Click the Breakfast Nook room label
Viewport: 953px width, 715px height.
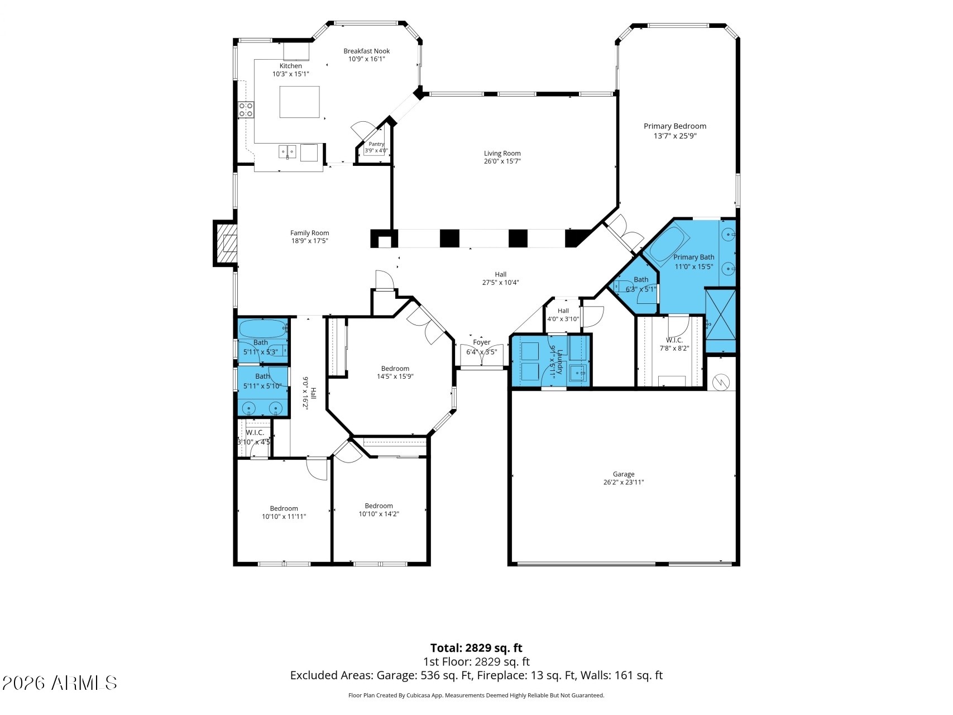pyautogui.click(x=366, y=51)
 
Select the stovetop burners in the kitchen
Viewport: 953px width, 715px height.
pyautogui.click(x=246, y=109)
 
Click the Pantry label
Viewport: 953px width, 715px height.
pyautogui.click(x=376, y=144)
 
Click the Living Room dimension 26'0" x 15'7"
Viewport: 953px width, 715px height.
pyautogui.click(x=502, y=161)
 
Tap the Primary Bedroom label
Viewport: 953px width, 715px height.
pyautogui.click(x=675, y=126)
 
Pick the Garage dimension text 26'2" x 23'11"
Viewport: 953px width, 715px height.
pyautogui.click(x=624, y=483)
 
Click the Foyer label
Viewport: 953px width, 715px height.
pyautogui.click(x=481, y=342)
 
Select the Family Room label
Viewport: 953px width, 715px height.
pyautogui.click(x=309, y=233)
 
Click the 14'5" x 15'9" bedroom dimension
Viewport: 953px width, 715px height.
pyautogui.click(x=395, y=376)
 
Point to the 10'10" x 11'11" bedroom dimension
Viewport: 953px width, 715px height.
pyautogui.click(x=284, y=517)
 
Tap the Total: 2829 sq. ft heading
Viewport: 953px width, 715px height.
pyautogui.click(x=476, y=648)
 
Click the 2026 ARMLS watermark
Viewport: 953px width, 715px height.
pyautogui.click(x=60, y=683)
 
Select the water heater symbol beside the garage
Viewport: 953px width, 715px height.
pyautogui.click(x=721, y=382)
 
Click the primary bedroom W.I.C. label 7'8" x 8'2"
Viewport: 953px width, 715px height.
pyautogui.click(x=674, y=344)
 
